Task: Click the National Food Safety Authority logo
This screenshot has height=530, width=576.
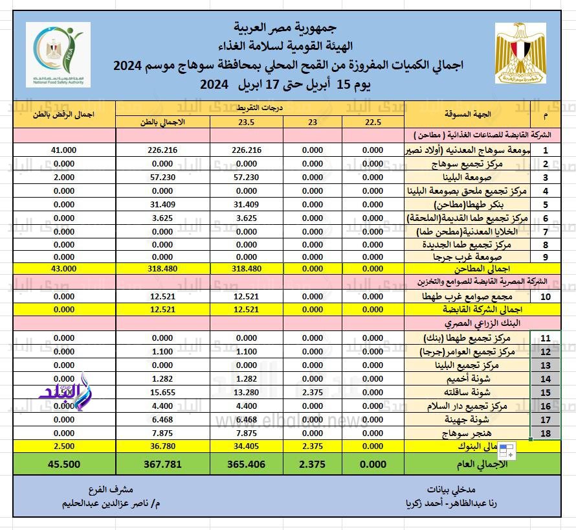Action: tap(58, 54)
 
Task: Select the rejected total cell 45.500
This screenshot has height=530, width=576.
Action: tap(60, 464)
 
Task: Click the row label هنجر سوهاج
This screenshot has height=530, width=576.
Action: tap(467, 433)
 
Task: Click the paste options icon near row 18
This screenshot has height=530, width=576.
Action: tap(506, 452)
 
